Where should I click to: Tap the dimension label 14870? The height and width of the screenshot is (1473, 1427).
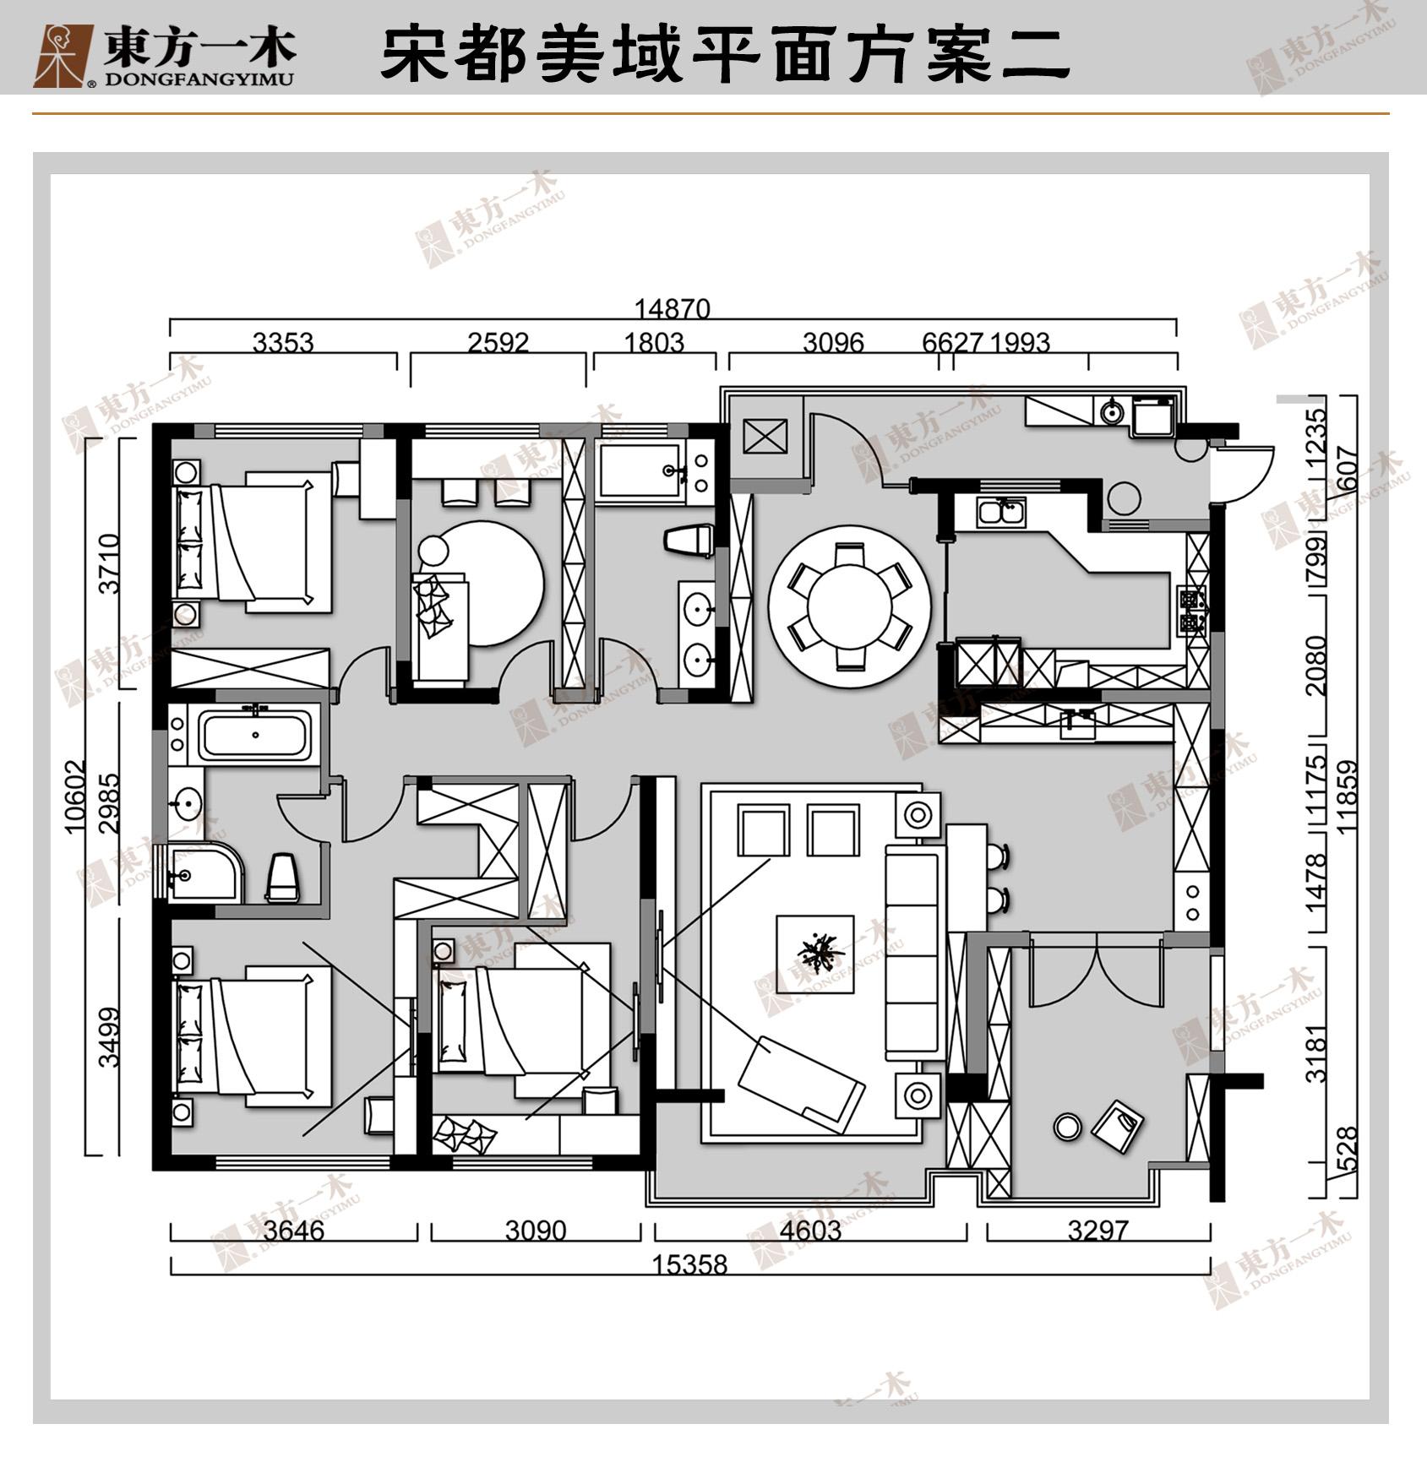(673, 309)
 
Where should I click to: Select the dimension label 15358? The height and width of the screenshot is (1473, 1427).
(689, 1264)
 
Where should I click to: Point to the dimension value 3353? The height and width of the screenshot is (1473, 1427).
(283, 343)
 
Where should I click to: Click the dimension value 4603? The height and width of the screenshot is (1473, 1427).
(810, 1231)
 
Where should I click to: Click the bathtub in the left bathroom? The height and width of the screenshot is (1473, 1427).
(255, 735)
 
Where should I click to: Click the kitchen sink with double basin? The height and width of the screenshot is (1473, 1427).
(1001, 512)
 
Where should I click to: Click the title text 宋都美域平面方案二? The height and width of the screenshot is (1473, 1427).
(725, 56)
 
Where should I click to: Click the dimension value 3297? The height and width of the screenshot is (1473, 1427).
(1097, 1231)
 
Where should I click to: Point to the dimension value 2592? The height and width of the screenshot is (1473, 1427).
(498, 343)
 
